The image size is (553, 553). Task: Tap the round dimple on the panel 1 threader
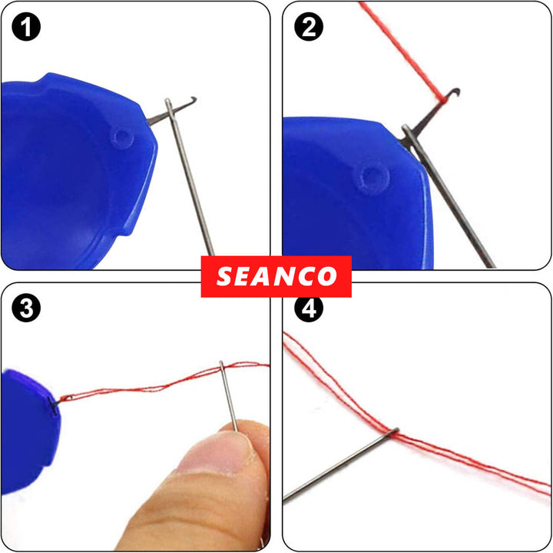pyautogui.click(x=121, y=137)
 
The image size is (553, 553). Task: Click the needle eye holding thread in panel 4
pyautogui.click(x=393, y=434)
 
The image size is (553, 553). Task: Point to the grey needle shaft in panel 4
pyautogui.click(x=338, y=469)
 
